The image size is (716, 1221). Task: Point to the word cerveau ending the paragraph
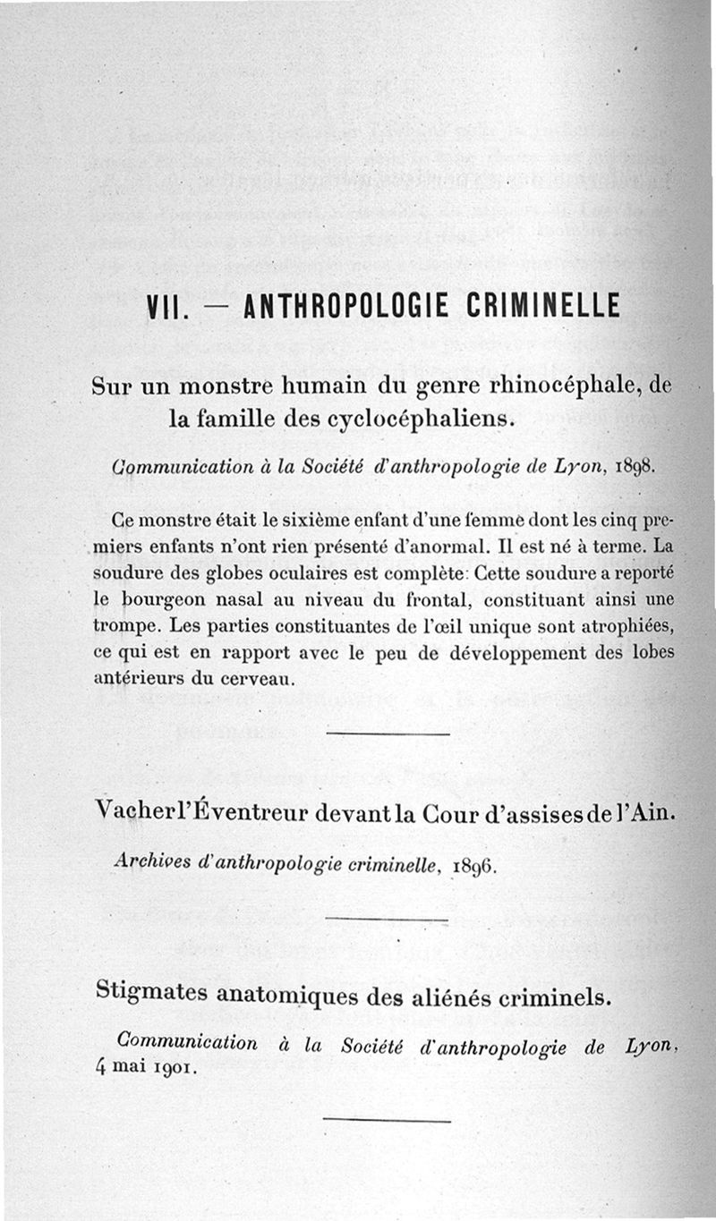(x=268, y=679)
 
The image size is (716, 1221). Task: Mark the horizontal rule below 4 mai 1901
(x=386, y=1120)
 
